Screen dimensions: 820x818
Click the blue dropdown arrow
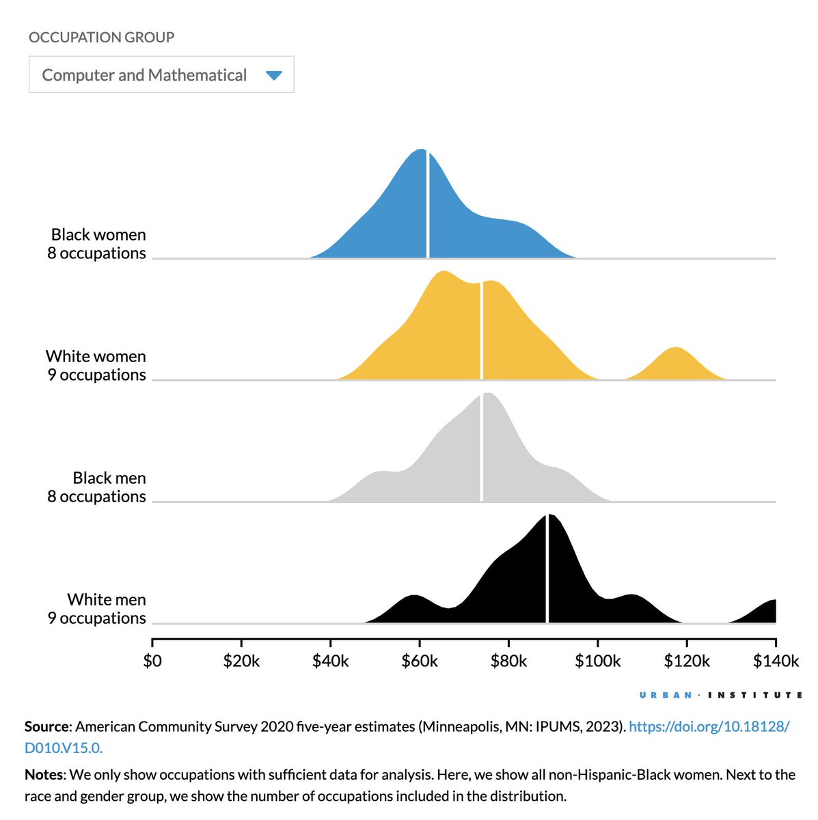point(273,75)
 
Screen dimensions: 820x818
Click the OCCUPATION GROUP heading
point(101,37)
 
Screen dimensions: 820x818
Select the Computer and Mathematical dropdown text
point(144,75)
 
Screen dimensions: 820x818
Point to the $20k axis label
point(241,661)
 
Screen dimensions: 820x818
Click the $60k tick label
point(420,661)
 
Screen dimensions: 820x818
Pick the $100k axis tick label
point(598,661)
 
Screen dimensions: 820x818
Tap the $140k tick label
point(776,661)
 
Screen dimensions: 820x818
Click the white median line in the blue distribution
point(428,205)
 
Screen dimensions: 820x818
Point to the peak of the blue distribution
point(420,154)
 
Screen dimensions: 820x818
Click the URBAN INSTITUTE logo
point(721,695)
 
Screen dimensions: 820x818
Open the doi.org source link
point(709,727)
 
